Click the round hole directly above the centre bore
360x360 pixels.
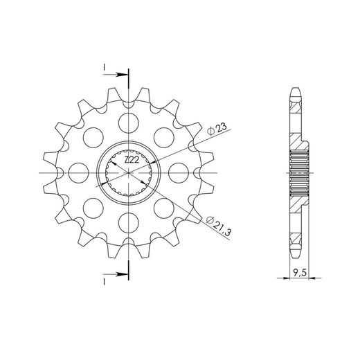(x=129, y=124)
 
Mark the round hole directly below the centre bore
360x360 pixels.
(x=129, y=221)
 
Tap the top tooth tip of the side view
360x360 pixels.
(x=296, y=90)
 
